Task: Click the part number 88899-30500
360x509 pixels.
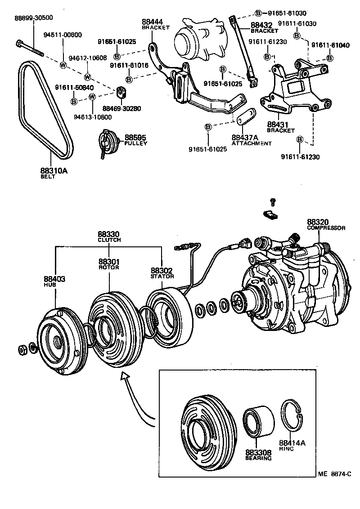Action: coord(34,18)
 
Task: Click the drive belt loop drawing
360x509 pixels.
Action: coord(45,110)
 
